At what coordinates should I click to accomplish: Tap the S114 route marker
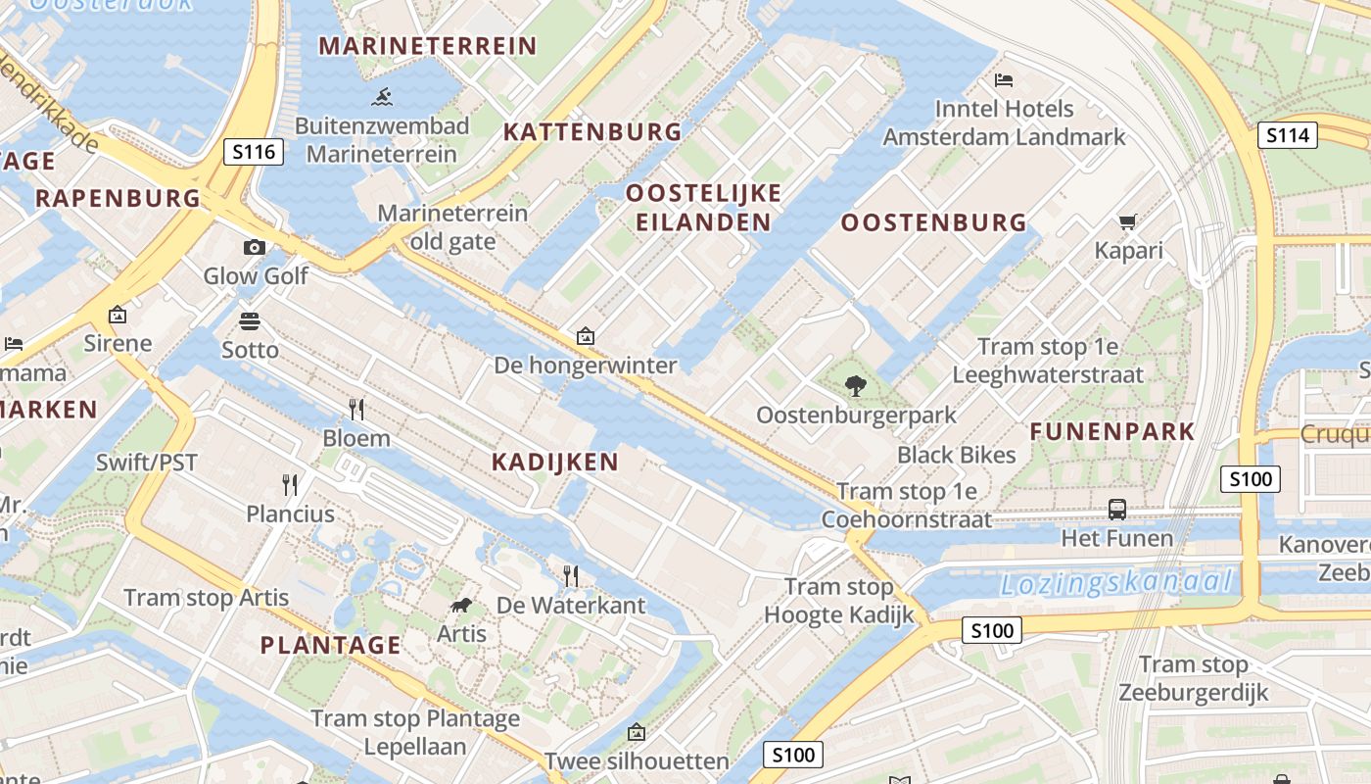(x=1287, y=135)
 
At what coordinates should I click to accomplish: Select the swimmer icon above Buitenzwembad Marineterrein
(x=382, y=96)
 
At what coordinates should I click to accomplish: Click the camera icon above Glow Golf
(x=255, y=247)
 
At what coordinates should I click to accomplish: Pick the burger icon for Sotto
(x=250, y=320)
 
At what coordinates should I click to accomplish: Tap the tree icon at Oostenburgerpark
(x=856, y=385)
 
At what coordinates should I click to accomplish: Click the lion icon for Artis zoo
(x=461, y=605)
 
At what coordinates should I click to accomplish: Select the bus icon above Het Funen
(x=1116, y=509)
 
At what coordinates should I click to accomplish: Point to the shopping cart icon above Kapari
(x=1127, y=221)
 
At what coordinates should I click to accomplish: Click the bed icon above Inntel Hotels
(x=1004, y=79)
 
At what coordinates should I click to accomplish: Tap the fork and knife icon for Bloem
(x=356, y=409)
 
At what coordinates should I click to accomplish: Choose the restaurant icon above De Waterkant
(x=571, y=575)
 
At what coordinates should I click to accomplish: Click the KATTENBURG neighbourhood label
(x=591, y=131)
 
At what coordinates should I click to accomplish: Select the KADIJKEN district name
(x=554, y=462)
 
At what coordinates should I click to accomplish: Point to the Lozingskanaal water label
(x=1115, y=583)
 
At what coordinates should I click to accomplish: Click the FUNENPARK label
(x=1111, y=431)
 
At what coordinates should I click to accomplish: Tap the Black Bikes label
(x=956, y=455)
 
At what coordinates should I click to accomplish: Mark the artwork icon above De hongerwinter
(x=586, y=336)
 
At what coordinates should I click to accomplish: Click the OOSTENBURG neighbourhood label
(x=933, y=222)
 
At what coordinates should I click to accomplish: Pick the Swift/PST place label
(x=147, y=463)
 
